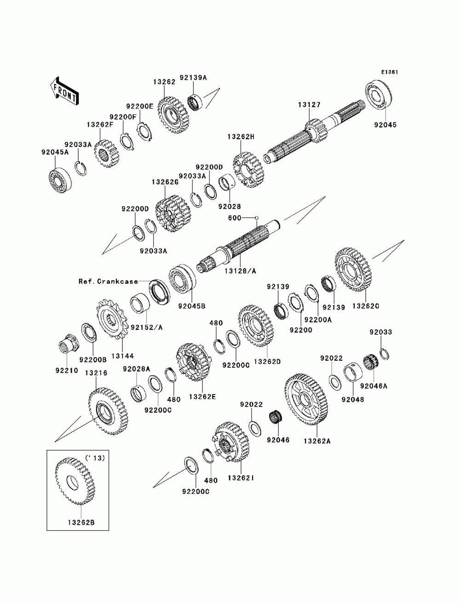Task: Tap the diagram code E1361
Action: (389, 72)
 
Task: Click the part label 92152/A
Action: (146, 328)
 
